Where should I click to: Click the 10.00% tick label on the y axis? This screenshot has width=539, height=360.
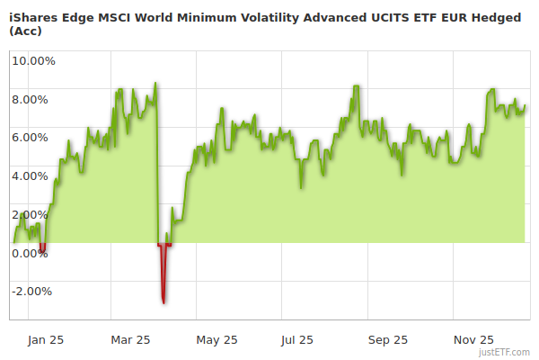coord(33,61)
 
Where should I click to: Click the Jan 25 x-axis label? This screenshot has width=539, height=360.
coord(45,339)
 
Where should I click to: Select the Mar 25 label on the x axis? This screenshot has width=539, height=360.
coord(130,339)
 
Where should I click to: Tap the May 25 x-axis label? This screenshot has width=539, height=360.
coord(216,339)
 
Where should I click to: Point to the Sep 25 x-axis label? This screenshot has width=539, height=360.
coord(387,339)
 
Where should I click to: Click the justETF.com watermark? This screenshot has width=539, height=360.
coord(507,353)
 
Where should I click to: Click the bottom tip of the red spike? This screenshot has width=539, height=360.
coord(163,301)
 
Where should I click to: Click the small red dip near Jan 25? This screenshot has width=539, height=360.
coord(41,247)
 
